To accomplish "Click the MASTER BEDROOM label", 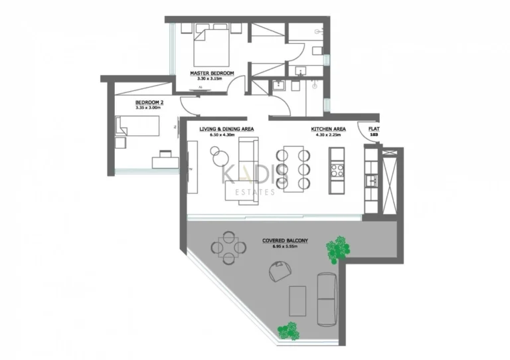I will click(x=212, y=73).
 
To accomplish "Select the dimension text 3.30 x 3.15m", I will click(x=211, y=78).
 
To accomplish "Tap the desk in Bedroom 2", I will click(x=165, y=159).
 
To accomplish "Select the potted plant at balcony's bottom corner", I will click(x=288, y=330).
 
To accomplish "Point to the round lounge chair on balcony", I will click(x=280, y=270).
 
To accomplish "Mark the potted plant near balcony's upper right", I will click(x=337, y=248).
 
